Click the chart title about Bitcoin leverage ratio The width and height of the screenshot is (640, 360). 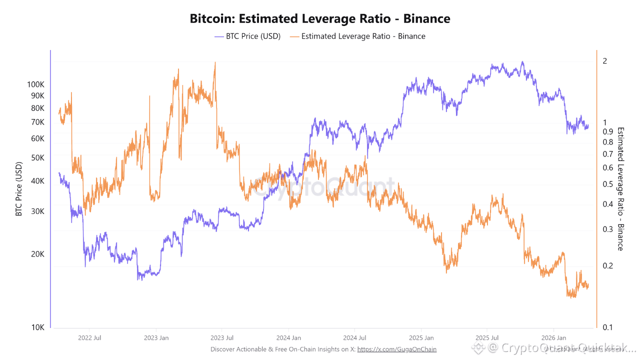320,19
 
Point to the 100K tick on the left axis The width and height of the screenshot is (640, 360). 35,84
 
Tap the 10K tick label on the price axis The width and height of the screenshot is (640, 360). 38,327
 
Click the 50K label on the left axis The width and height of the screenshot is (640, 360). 38,157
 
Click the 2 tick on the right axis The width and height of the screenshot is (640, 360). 605,61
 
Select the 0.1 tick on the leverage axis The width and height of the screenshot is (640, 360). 606,327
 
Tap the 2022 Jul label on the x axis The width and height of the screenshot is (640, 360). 90,338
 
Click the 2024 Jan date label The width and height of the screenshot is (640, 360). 288,338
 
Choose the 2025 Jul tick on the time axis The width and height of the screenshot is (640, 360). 487,338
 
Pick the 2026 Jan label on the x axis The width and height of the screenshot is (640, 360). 554,338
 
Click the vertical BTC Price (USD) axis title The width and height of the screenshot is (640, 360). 19,189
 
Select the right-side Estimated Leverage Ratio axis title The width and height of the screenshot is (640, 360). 620,188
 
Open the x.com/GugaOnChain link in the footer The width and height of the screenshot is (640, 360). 396,349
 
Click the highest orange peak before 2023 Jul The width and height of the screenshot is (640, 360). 215,62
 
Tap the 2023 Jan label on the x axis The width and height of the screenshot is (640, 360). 156,338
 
